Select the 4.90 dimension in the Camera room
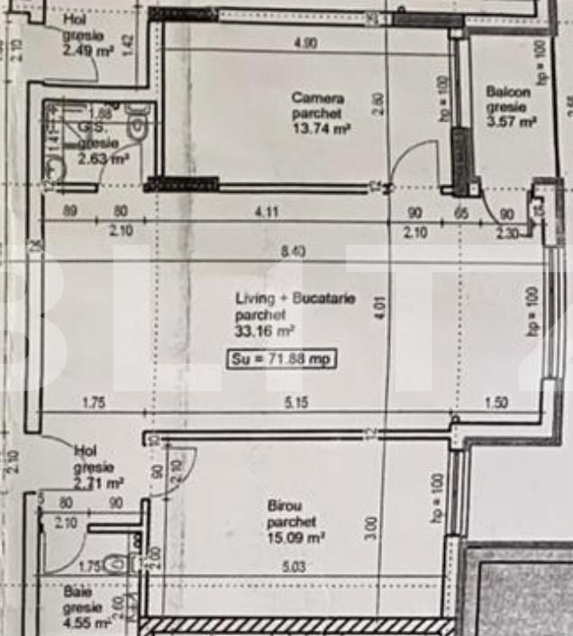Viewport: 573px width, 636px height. click(x=305, y=42)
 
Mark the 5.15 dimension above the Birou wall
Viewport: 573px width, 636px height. click(x=296, y=403)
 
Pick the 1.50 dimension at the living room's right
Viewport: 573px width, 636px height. click(x=496, y=403)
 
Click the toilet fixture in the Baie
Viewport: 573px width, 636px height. click(x=114, y=564)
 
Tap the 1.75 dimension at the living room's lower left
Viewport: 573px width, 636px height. click(x=93, y=403)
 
